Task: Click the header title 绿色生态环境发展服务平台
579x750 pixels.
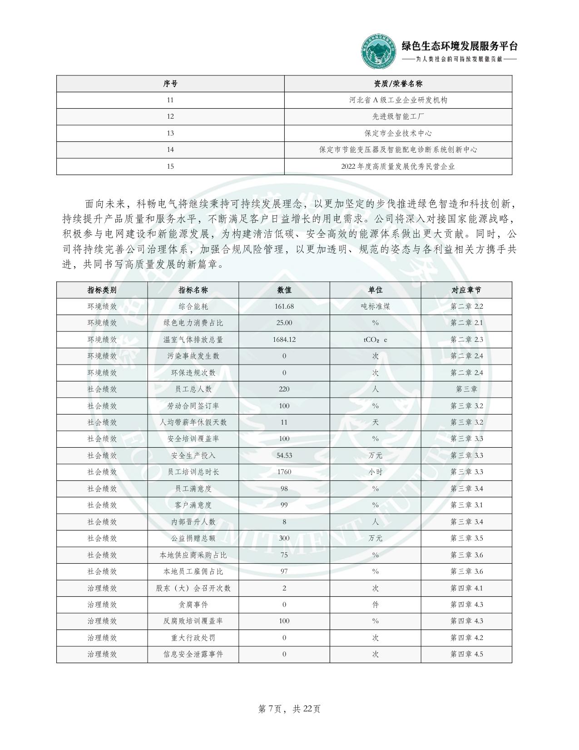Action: coord(460,46)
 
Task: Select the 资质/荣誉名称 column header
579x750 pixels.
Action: coord(398,84)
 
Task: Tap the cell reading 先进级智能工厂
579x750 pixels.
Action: coord(398,116)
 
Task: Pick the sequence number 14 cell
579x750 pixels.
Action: coord(170,150)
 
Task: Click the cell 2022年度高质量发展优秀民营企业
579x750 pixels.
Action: coord(398,166)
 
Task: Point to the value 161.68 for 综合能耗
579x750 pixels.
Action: coord(284,306)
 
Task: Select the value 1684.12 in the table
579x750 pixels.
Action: coord(284,340)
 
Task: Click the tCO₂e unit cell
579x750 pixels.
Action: coord(375,340)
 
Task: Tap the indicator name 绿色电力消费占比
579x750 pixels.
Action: coord(193,323)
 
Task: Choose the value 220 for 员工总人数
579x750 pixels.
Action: coord(284,389)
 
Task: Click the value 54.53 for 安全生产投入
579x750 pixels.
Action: coord(284,455)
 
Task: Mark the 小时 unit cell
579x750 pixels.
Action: coord(375,472)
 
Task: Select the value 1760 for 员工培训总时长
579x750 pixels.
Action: coord(284,472)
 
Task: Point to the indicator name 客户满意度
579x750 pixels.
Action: coord(193,505)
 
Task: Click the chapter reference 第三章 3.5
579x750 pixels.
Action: coord(466,538)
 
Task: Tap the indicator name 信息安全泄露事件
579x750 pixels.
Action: coord(193,654)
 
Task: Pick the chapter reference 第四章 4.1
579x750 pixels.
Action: coord(466,588)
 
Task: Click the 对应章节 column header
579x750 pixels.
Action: coord(466,290)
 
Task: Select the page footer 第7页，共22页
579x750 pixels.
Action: coord(289,709)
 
